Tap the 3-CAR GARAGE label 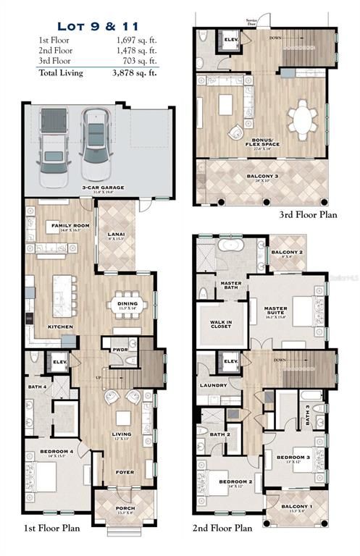click(102, 187)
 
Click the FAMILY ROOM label click(70, 226)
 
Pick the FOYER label click(125, 472)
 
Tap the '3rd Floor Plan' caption click(309, 215)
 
